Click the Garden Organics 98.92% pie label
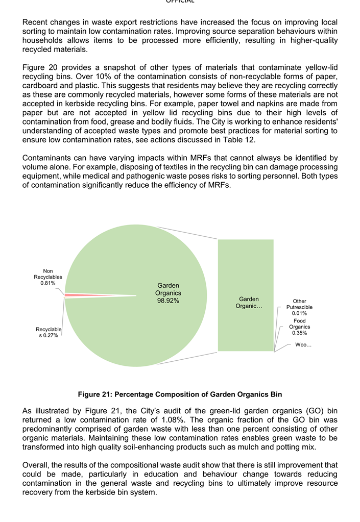[x=168, y=293]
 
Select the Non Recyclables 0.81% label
[x=48, y=277]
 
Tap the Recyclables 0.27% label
[x=49, y=332]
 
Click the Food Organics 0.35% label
[x=299, y=327]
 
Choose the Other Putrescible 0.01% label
[x=299, y=307]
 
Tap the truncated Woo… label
[x=303, y=345]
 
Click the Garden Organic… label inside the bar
[x=249, y=302]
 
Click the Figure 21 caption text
[x=180, y=394]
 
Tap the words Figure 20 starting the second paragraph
[x=40, y=67]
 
